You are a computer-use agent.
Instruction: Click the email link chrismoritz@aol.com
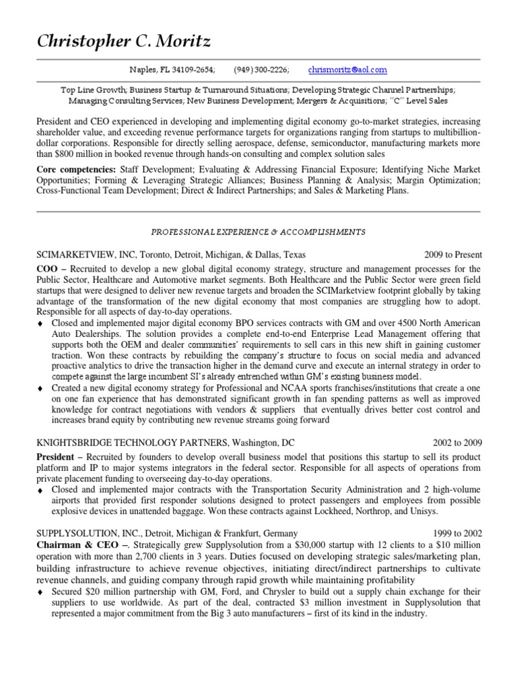[x=347, y=70]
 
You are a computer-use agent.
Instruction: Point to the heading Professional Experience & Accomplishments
[x=258, y=232]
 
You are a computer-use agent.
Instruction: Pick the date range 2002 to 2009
[x=457, y=443]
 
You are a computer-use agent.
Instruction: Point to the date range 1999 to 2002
[x=457, y=532]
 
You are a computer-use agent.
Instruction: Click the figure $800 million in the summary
[x=83, y=154]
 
